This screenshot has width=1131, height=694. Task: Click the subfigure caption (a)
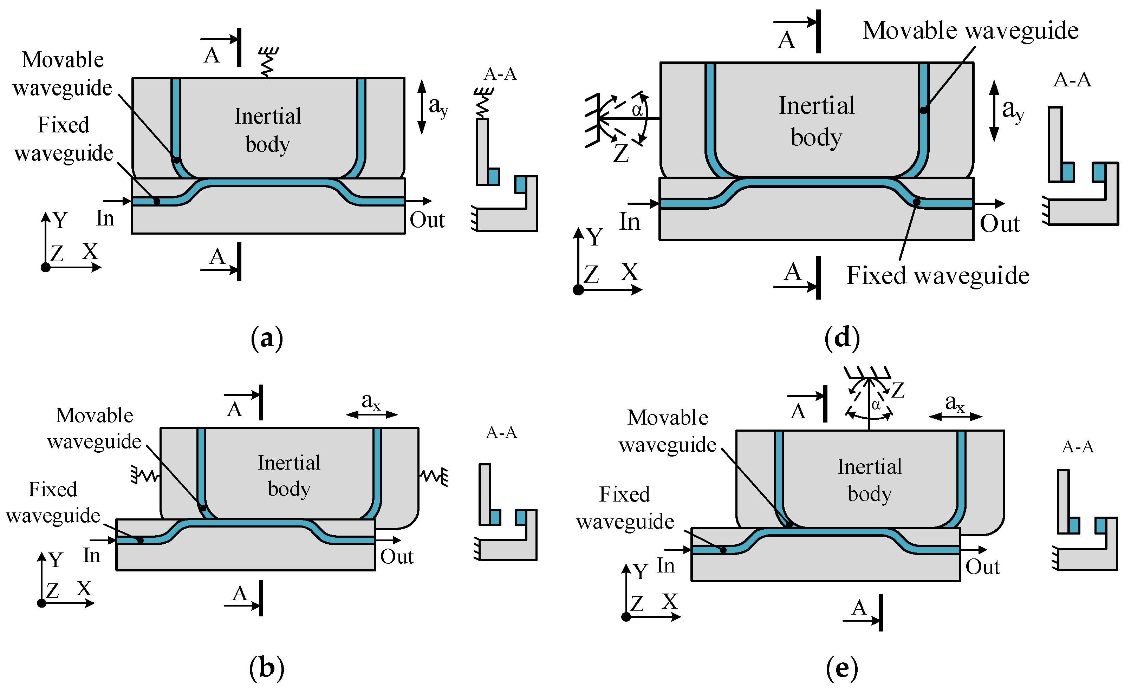(x=267, y=339)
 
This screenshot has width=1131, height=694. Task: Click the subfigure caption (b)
(x=267, y=668)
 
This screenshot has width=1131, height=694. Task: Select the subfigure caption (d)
(x=842, y=338)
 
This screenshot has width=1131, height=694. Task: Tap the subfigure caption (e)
(x=842, y=668)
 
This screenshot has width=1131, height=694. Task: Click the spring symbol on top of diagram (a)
(x=268, y=62)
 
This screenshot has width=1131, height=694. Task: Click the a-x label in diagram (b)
(x=371, y=402)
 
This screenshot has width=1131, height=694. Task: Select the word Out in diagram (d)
(x=1000, y=224)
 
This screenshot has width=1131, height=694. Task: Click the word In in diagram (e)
(x=665, y=565)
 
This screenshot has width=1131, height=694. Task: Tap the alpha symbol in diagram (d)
(x=637, y=110)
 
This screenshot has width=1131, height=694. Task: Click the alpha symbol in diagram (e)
(x=876, y=405)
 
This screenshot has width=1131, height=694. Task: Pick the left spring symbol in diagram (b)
(x=145, y=476)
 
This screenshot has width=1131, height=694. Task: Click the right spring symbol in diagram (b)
(x=434, y=477)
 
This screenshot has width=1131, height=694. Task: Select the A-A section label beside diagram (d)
(x=1072, y=80)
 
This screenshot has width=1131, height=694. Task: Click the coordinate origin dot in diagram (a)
(x=45, y=267)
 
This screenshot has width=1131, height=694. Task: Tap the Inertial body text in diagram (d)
(x=817, y=121)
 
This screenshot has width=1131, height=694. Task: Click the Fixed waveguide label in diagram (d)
(x=938, y=275)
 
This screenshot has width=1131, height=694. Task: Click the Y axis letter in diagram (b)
(x=56, y=559)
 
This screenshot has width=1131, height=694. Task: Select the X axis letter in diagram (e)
(x=670, y=601)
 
